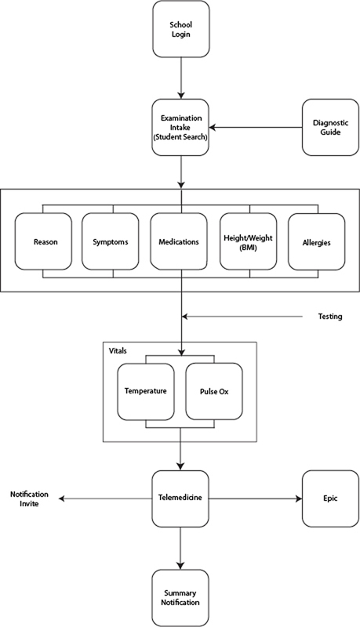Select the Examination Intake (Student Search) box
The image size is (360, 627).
click(181, 128)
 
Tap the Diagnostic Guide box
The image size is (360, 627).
click(330, 128)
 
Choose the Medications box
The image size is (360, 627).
click(181, 242)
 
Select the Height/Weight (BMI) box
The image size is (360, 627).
click(250, 242)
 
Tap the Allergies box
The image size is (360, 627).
click(318, 242)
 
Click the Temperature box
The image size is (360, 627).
click(145, 390)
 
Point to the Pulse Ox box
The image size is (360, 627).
click(213, 390)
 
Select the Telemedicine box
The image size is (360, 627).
click(181, 498)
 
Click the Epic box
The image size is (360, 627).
click(330, 498)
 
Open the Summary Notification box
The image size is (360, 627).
click(181, 596)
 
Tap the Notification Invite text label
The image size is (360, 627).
click(29, 498)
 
